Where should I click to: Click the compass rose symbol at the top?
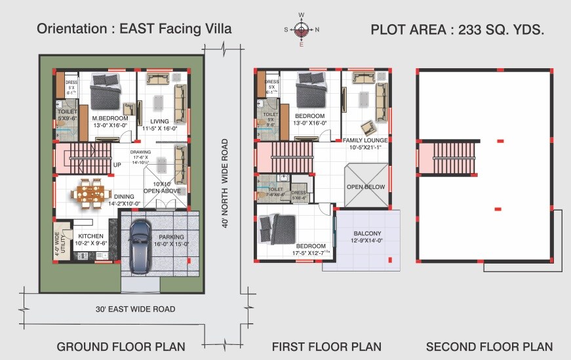click(302, 30)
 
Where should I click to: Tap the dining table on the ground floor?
click(89, 194)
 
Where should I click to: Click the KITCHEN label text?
click(91, 236)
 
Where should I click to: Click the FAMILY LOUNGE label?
click(366, 140)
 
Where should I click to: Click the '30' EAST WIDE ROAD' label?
click(135, 309)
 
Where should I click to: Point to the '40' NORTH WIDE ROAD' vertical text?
click(225, 184)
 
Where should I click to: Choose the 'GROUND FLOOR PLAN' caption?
click(121, 346)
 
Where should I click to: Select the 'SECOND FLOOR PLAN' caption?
click(489, 346)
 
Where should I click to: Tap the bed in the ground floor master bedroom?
click(105, 91)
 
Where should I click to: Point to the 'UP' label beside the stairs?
click(117, 165)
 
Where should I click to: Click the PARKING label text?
click(170, 237)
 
